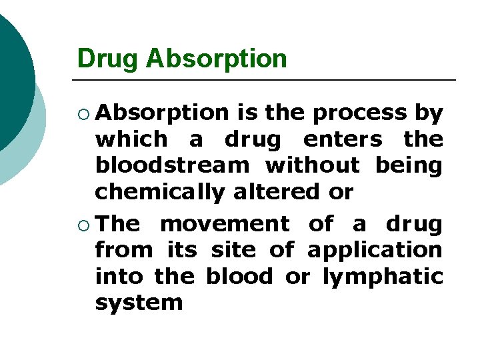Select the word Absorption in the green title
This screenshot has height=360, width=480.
[x=216, y=59]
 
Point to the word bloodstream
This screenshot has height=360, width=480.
[x=171, y=165]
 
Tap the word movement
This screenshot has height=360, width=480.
[x=225, y=224]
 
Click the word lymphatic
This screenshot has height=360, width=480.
[x=383, y=277]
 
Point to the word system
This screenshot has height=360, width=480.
[x=139, y=303]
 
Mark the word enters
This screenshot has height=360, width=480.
[x=343, y=139]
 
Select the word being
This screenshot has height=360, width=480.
[x=409, y=165]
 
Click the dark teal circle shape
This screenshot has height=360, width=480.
[x=12, y=73]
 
